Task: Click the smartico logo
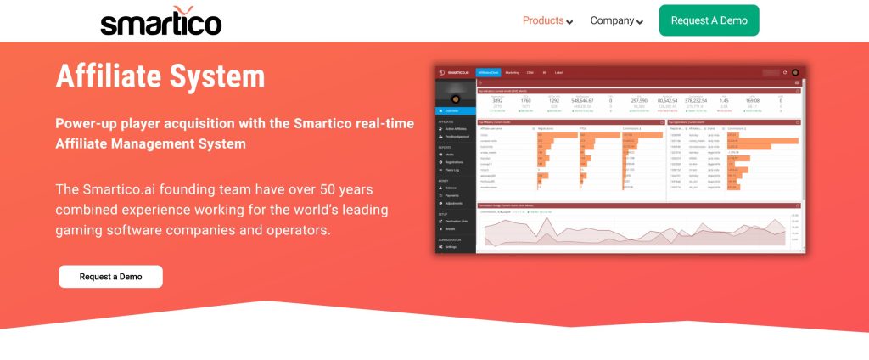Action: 160,21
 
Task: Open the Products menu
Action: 547,20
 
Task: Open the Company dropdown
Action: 616,20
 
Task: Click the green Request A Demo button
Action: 709,20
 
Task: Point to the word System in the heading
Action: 216,76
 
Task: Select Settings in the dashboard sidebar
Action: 451,247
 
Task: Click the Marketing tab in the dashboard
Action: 512,73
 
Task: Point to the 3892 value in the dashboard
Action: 496,100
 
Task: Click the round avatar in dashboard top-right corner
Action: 795,73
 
